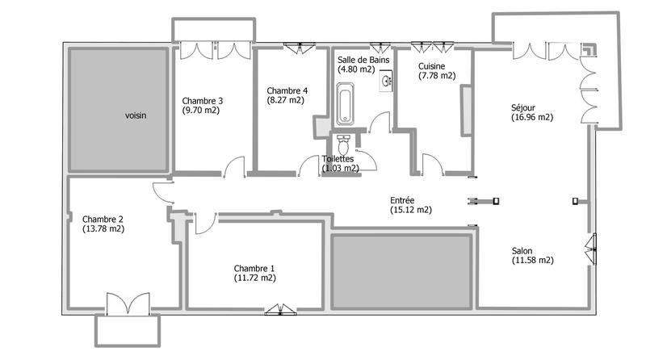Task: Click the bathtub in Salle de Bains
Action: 346,107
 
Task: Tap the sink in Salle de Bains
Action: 387,82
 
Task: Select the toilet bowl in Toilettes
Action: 345,148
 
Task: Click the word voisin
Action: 136,115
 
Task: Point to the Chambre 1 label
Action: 254,268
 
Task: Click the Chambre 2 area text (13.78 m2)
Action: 103,228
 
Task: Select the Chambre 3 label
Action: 203,101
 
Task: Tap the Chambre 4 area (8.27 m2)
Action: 285,100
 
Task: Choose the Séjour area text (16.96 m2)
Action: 532,116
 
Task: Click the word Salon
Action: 522,250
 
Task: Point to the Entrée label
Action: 402,200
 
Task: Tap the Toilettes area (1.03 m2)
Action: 340,168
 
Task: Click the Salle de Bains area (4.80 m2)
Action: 356,69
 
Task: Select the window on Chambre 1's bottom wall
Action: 276,308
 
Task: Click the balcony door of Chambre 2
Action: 127,304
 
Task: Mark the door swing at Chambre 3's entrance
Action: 235,166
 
